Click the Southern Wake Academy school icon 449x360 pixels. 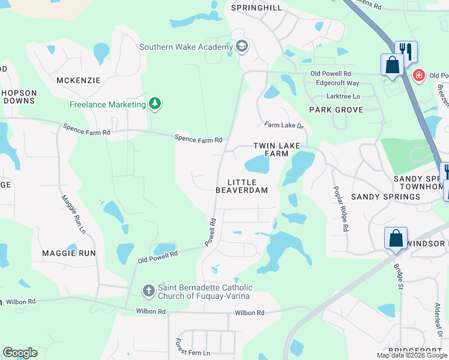point(242,47)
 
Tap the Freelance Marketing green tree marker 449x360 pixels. point(155,104)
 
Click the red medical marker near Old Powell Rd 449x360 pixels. point(418,76)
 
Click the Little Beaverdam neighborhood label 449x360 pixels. point(242,186)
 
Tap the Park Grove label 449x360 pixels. point(336,110)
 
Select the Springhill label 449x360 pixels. point(256,8)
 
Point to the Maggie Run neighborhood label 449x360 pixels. point(69,253)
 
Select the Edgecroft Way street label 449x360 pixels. point(337,83)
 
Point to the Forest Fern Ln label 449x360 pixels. point(193,347)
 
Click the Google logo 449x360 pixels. point(20,353)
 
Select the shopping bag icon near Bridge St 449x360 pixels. point(396,238)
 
